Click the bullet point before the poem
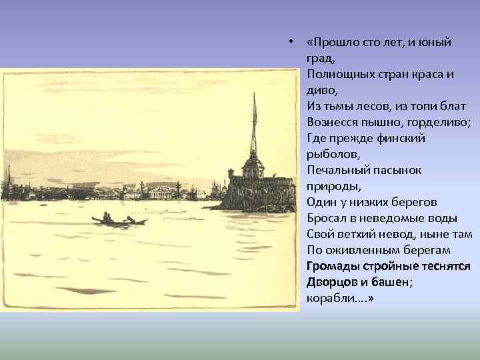click(292, 43)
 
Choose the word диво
click(322, 90)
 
